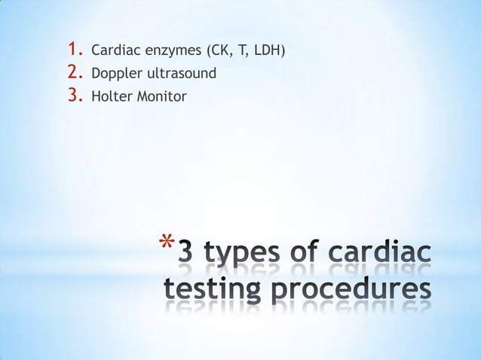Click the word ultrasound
point(179,74)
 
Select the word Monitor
point(158,96)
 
